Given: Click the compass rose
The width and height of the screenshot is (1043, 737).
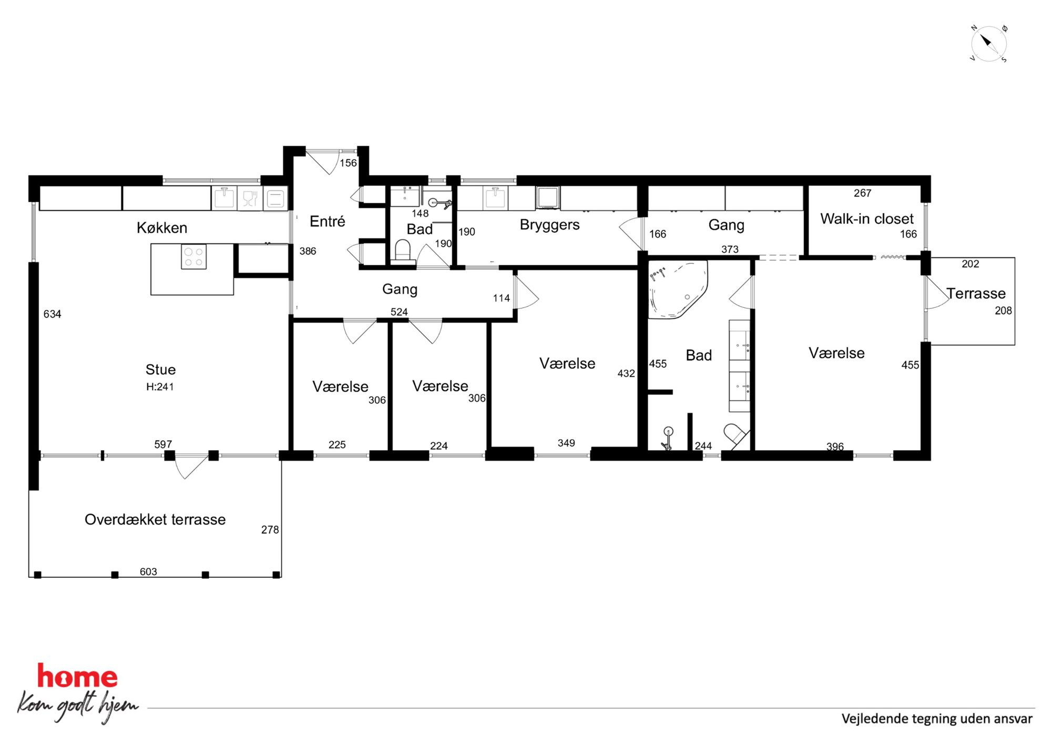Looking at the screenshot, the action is click(988, 44).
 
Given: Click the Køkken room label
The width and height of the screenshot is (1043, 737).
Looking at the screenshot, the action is click(162, 227).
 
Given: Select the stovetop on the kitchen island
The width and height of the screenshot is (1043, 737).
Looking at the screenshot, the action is click(193, 257).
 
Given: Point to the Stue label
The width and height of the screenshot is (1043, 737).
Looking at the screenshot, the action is click(160, 369).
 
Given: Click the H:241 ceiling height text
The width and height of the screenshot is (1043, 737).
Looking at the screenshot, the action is click(160, 387).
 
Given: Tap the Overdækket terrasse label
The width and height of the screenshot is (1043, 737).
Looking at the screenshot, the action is click(155, 520).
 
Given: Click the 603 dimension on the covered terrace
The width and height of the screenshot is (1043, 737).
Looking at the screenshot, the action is click(148, 572).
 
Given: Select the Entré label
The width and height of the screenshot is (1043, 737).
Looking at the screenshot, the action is click(327, 221).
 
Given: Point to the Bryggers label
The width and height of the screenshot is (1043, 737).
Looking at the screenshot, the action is click(549, 225).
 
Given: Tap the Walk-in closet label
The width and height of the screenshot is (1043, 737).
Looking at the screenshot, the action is click(867, 219).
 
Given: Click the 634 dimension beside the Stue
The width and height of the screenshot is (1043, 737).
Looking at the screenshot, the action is click(52, 314).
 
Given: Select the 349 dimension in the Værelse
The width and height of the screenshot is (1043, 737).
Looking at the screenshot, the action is click(566, 443).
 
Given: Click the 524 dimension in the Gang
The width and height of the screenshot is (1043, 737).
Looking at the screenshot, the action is click(399, 312).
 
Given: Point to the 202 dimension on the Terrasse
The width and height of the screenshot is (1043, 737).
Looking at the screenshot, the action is click(970, 264).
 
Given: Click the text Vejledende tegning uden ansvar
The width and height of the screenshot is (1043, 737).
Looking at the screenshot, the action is click(937, 719).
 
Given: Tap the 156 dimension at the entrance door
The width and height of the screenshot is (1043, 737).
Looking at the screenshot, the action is click(348, 163).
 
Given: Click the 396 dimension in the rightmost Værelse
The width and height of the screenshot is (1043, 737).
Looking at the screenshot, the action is click(835, 447).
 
